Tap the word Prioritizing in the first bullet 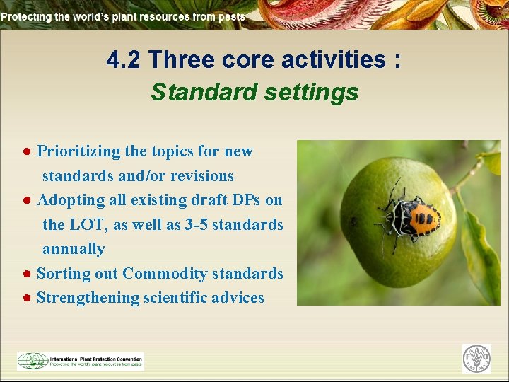tap(77, 151)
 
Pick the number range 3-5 tap(192, 225)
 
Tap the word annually tap(74, 249)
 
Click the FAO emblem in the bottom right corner tap(476, 359)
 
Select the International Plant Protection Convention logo tap(80, 361)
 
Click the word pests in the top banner tap(232, 16)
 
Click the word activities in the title tap(332, 61)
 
